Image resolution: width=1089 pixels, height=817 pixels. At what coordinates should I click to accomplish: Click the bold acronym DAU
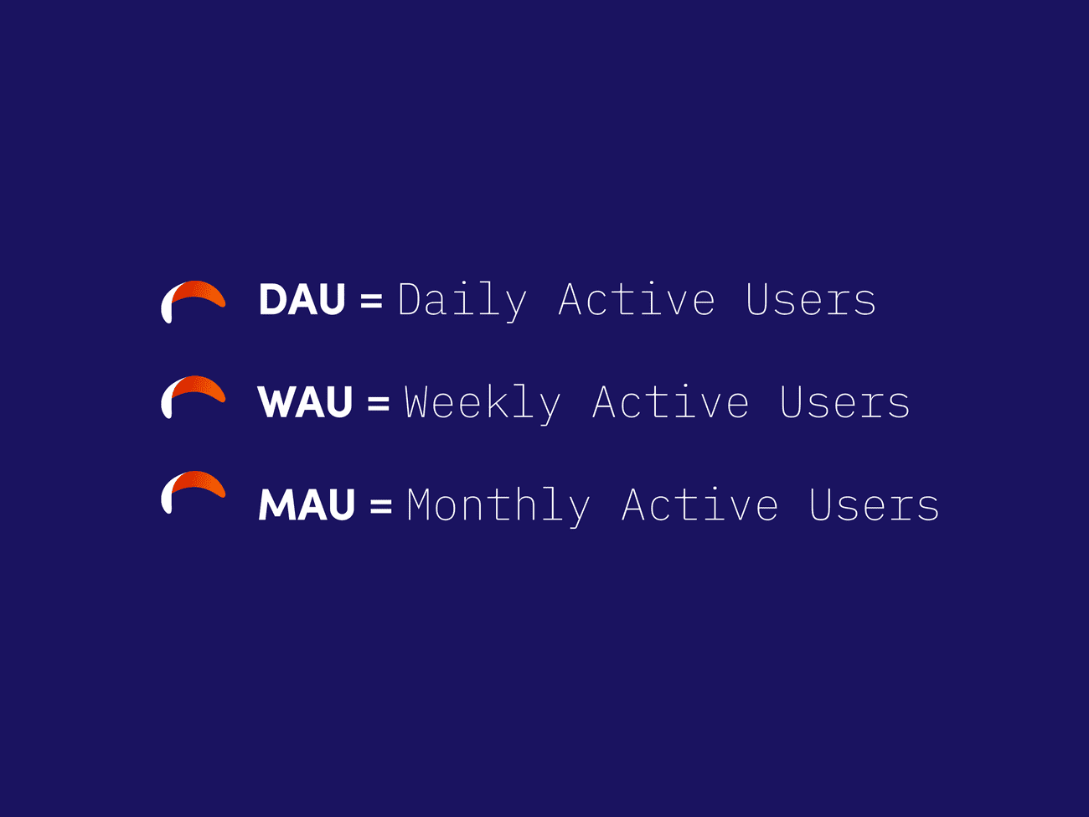tap(302, 299)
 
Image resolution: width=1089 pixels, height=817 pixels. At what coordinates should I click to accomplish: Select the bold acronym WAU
tap(305, 402)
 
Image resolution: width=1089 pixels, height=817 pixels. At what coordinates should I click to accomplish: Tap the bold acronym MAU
tap(307, 504)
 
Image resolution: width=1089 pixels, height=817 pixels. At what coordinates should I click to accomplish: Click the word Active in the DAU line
tap(637, 299)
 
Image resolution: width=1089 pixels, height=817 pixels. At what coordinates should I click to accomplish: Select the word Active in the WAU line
tap(671, 402)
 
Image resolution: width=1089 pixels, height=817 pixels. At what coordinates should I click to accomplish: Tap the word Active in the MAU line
tap(700, 504)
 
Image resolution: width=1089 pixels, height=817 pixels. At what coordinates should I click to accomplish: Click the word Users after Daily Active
tap(811, 299)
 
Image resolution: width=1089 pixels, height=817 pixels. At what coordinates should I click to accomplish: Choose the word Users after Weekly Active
tap(845, 402)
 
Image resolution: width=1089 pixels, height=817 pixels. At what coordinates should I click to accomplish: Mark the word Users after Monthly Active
tap(875, 504)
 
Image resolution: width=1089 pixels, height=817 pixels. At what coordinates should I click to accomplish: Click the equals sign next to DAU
tap(371, 300)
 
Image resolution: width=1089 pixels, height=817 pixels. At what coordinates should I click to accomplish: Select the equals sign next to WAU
tap(379, 403)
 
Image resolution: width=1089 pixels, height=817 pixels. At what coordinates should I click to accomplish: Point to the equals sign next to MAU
tap(381, 505)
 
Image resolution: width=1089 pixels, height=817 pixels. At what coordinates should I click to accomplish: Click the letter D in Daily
tap(410, 299)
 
